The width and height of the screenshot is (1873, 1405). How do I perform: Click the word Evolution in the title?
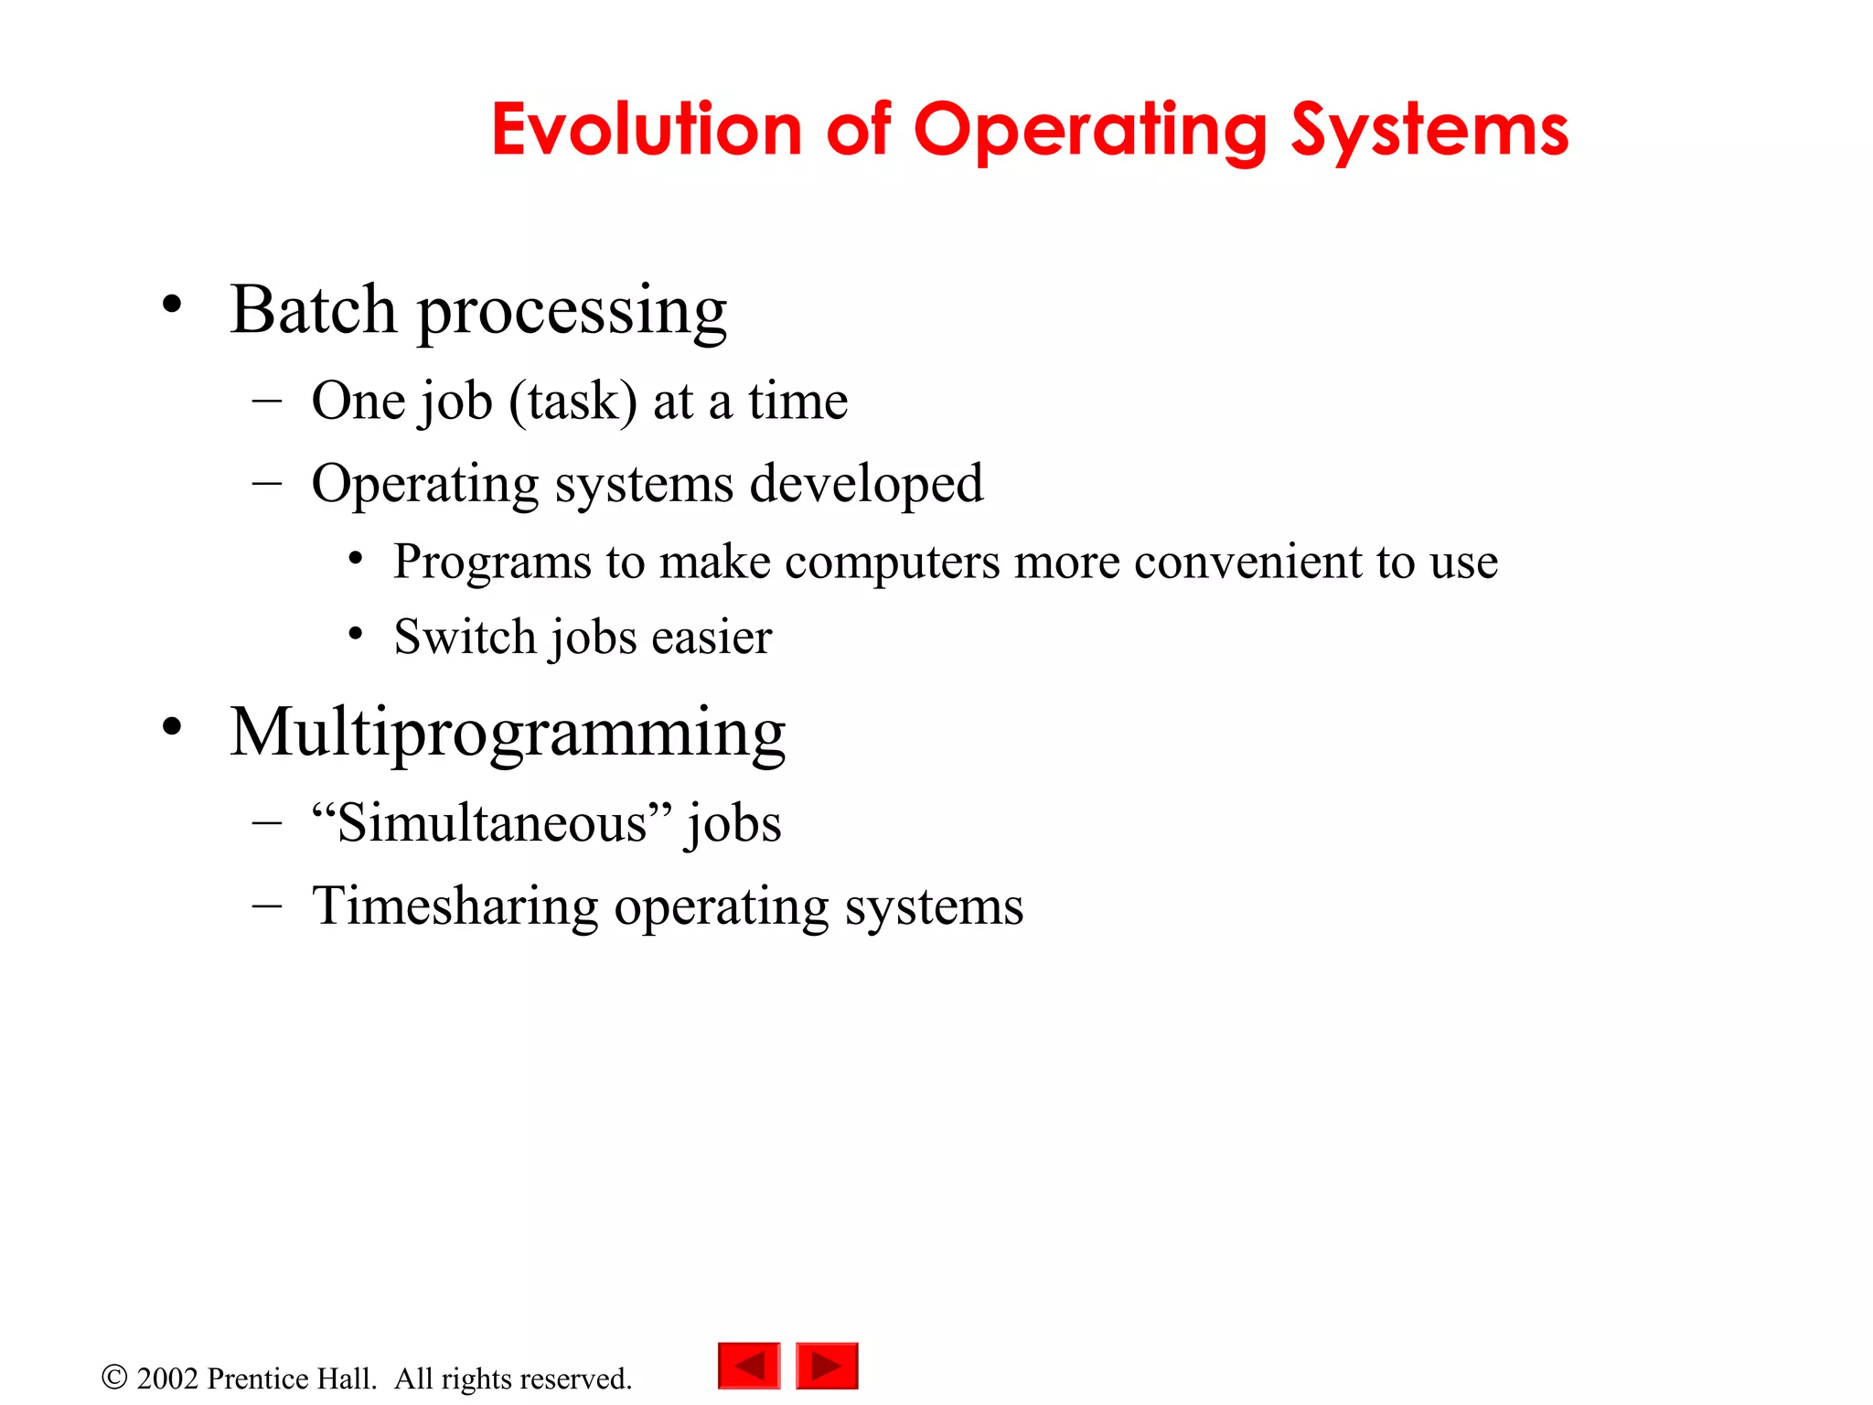click(646, 130)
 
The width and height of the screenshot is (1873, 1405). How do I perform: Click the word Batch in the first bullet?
click(313, 309)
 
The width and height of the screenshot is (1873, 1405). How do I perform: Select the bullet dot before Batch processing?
click(172, 305)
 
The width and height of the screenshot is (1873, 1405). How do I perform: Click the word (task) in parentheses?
click(573, 402)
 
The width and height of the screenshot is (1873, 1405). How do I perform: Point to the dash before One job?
click(266, 401)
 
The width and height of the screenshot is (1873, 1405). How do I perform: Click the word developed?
click(866, 483)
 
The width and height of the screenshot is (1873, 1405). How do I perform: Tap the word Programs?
click(492, 562)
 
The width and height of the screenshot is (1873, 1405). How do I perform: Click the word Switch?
click(465, 637)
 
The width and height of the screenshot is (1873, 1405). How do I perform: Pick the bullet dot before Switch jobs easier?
click(356, 632)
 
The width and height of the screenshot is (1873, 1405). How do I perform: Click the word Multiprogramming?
click(508, 734)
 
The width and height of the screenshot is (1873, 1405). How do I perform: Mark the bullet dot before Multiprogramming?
click(172, 727)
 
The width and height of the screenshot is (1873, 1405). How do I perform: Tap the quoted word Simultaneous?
click(492, 822)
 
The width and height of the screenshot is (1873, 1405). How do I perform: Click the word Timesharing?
click(455, 906)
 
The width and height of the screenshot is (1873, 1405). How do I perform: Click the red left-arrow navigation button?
click(749, 1366)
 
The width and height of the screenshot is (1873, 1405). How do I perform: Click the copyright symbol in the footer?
click(114, 1377)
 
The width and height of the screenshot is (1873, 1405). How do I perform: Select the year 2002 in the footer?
click(167, 1378)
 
